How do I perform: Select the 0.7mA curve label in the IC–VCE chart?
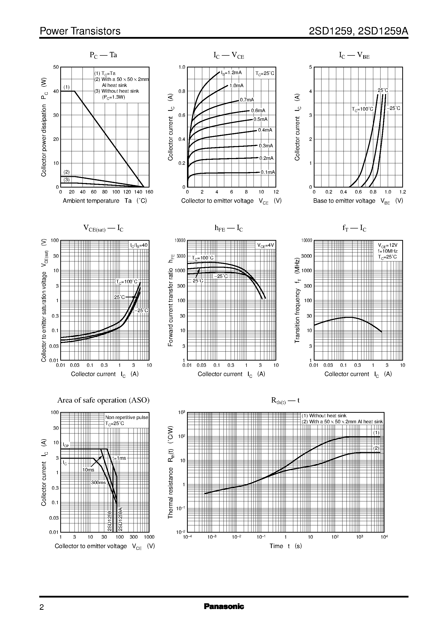246,100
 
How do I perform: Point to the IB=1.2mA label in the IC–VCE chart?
231,73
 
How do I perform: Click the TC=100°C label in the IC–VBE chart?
362,109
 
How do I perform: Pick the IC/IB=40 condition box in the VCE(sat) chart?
139,245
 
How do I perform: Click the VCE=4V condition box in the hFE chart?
266,245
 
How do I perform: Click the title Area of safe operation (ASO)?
103,400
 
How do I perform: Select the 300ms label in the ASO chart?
98,483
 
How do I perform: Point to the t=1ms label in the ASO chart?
119,458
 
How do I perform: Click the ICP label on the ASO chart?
66,445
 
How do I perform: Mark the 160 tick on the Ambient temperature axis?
149,192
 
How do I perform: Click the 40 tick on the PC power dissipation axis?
56,91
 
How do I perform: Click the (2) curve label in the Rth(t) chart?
376,448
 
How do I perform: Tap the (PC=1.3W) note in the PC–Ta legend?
113,97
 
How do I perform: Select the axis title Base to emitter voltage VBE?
358,201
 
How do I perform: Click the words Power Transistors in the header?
80,31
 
